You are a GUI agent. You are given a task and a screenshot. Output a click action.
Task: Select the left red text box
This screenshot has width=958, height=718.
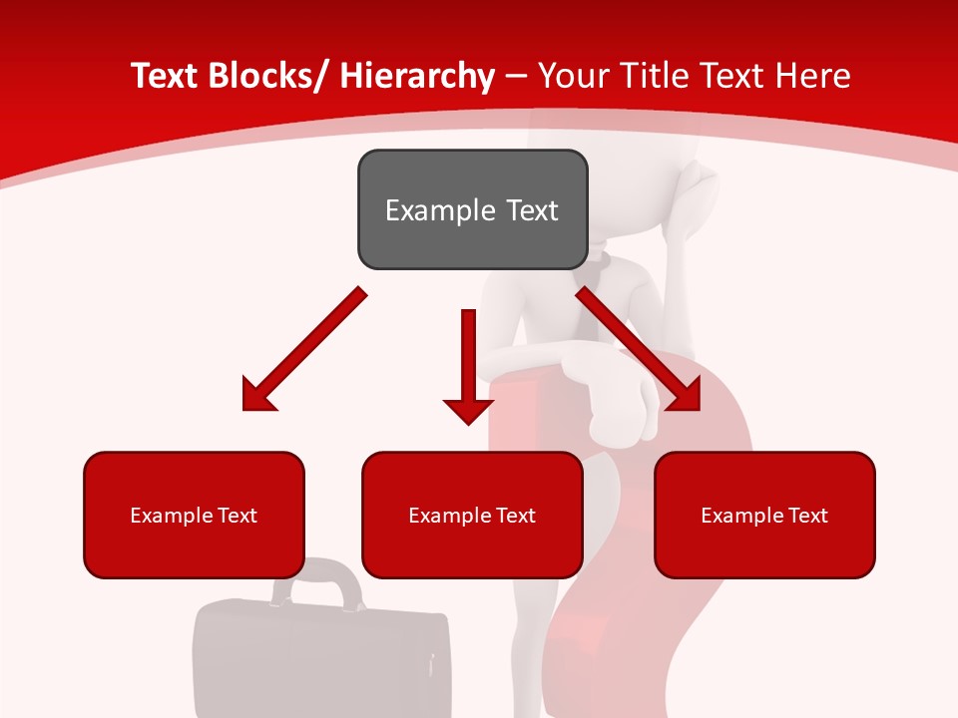click(194, 515)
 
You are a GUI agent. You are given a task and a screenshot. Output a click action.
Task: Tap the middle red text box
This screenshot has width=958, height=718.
click(472, 515)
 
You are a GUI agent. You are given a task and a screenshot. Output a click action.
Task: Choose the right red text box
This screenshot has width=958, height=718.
click(764, 515)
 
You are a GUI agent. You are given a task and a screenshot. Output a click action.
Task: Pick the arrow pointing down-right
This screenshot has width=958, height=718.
click(639, 349)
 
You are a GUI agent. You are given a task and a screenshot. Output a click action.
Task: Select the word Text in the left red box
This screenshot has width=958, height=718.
click(239, 515)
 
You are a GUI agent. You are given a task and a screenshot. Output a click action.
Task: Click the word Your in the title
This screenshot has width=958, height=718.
click(572, 76)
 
